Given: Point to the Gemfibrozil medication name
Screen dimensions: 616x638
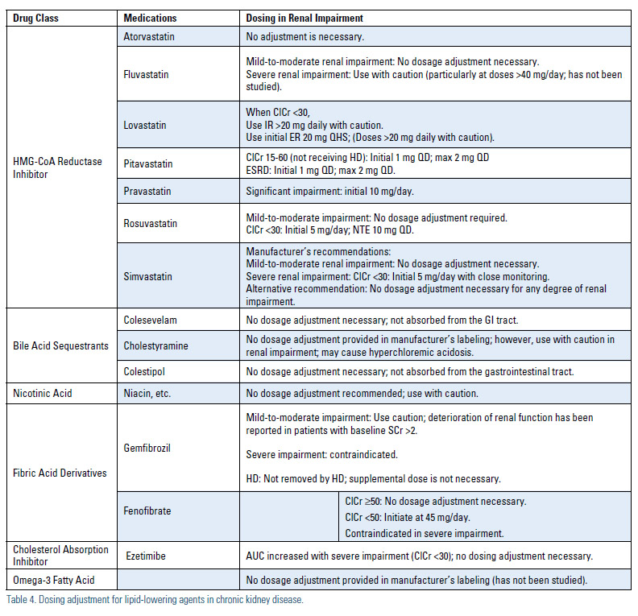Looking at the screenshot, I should click(x=148, y=447).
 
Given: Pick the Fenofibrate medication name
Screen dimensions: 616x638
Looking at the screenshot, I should click(x=148, y=511).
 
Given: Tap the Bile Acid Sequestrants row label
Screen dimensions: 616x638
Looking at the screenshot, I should click(x=60, y=346).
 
